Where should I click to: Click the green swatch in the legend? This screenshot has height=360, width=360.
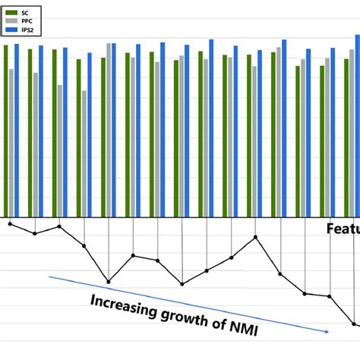point(12,13)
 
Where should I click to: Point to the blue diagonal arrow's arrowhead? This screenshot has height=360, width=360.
point(327,331)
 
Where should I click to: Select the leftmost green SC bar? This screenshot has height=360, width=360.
point(6,129)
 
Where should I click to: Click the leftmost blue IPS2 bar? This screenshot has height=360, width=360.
point(17,129)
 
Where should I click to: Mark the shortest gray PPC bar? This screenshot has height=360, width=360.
point(84,152)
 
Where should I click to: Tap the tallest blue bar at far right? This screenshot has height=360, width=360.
point(357,125)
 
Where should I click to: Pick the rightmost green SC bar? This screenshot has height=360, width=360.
point(346,137)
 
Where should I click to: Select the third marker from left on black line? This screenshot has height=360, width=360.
point(59,226)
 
